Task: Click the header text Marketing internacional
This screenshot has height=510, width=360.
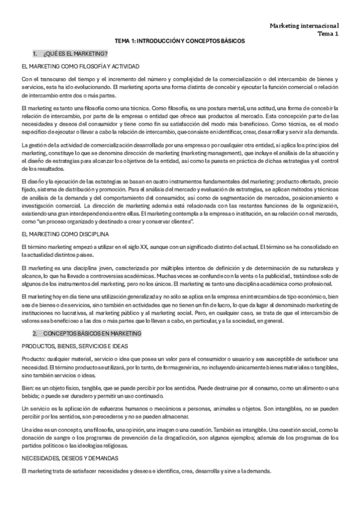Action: coord(304,26)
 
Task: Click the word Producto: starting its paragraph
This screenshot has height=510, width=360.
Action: coord(31,360)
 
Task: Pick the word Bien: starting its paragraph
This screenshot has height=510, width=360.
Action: coord(26,388)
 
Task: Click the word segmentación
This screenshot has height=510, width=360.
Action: coord(217,198)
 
